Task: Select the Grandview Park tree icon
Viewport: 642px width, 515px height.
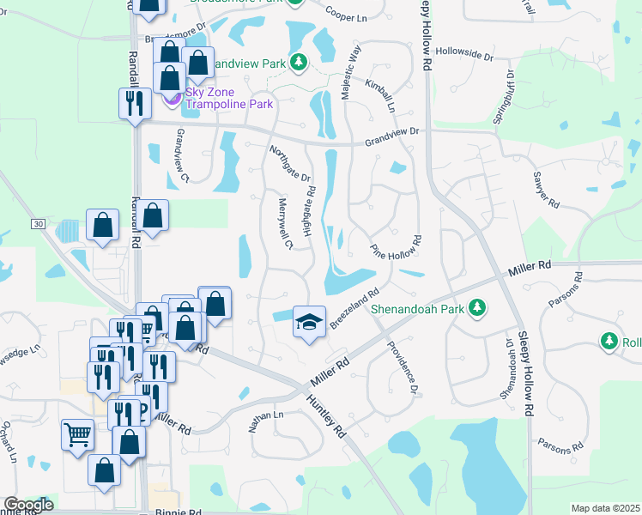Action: coord(298,63)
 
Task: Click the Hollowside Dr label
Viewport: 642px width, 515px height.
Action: coord(464,54)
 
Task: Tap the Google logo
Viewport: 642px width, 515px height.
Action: coord(28,505)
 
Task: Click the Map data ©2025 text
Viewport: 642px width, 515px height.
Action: coord(605,508)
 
